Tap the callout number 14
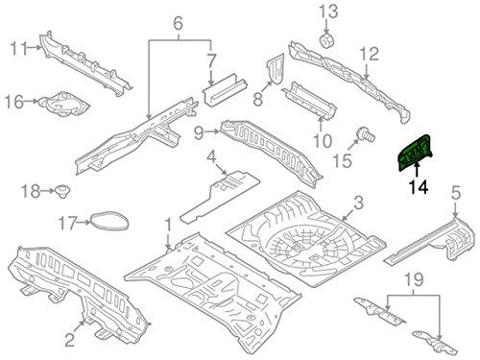click(417, 190)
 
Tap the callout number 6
click(176, 22)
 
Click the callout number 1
click(168, 227)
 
